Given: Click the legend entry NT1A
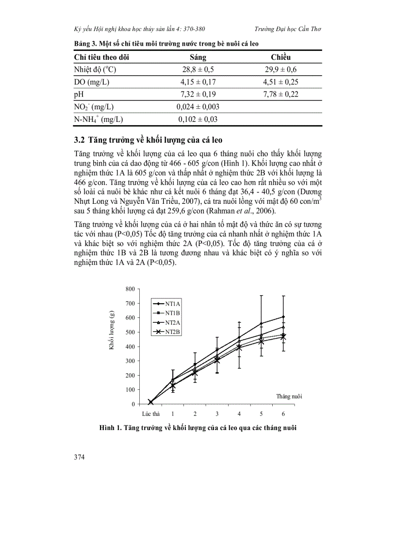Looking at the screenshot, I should (172, 303).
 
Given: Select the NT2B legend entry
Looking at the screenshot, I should (172, 332).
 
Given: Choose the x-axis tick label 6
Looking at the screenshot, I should (283, 414).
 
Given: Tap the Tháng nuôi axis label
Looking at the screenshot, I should (289, 396).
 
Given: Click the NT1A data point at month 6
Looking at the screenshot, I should (283, 317).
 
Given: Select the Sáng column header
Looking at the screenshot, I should (198, 57).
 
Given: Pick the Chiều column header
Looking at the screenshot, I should (280, 57).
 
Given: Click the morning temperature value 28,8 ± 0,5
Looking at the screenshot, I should (198, 69).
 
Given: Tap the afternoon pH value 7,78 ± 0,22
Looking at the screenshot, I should (280, 94).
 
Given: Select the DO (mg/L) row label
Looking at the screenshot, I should (91, 82).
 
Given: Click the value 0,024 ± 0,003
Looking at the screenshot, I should (198, 107).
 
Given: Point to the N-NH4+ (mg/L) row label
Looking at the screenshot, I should (98, 119).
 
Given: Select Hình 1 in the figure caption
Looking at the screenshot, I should (110, 428).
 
